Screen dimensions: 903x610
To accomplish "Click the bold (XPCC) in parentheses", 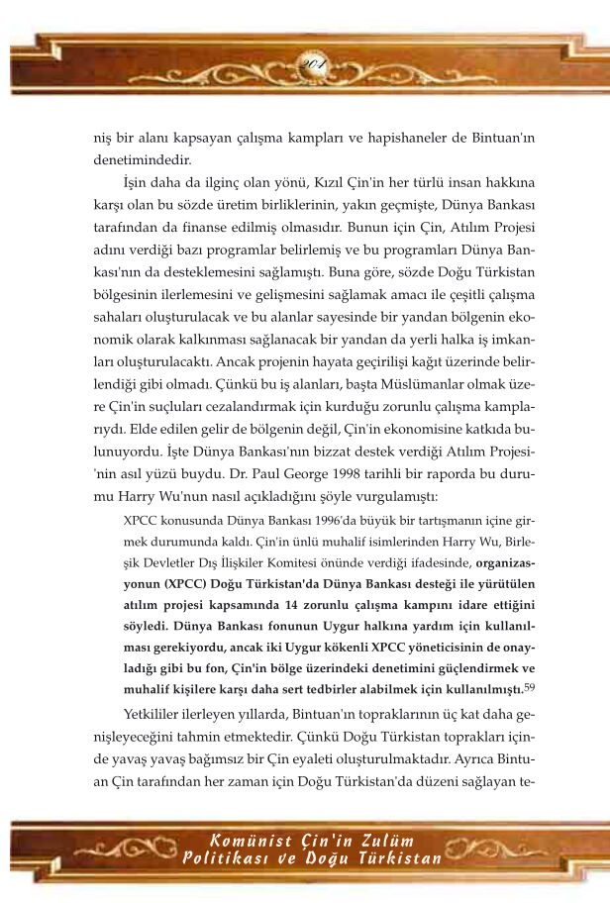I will click(159, 583).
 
